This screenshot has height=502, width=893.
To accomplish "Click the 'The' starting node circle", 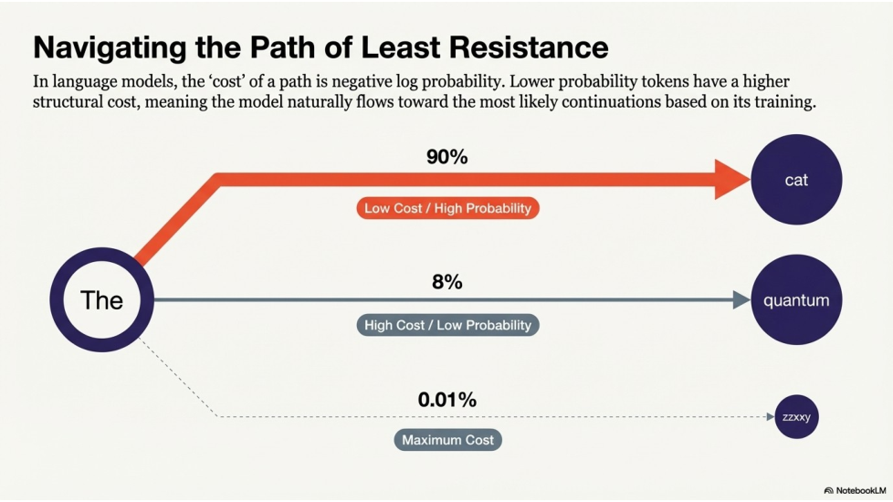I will (x=101, y=299).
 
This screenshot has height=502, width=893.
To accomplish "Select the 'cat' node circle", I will (x=796, y=180).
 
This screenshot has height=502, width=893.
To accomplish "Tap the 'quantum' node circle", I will (x=796, y=299).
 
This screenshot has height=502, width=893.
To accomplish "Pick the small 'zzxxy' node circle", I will (x=796, y=417).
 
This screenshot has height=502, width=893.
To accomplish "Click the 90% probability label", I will (x=446, y=157).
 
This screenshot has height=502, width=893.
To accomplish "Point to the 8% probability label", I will (x=446, y=282).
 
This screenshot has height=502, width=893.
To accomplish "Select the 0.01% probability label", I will (x=446, y=400).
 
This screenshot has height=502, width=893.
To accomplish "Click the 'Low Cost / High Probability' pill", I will (x=447, y=208).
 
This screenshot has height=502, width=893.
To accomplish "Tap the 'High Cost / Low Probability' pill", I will (x=447, y=325).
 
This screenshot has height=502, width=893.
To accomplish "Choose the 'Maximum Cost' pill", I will (x=447, y=440).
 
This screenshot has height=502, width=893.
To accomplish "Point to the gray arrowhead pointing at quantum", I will (x=741, y=299).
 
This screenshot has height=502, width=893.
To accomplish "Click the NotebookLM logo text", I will (x=859, y=490).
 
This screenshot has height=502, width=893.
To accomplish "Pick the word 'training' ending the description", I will (x=783, y=101).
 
